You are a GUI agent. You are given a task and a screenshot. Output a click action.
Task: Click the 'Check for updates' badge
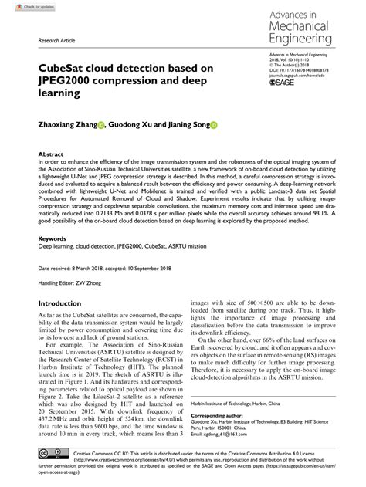[x=23, y=6]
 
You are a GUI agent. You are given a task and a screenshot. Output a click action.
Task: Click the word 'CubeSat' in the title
[x=54, y=69]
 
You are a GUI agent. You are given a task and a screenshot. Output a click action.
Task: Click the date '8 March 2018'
[x=100, y=267]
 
